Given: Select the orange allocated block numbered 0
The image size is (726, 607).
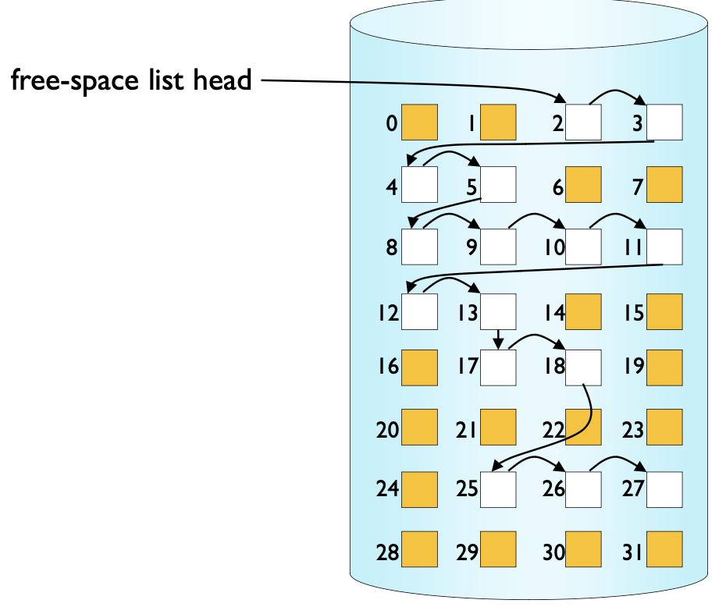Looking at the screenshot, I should point(419,122).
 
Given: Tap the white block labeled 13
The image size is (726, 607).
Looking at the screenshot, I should point(498,311).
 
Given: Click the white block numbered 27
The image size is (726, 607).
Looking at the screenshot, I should point(664,489).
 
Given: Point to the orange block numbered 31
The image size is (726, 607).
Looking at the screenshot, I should point(664,549).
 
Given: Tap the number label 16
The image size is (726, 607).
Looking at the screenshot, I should point(387,366).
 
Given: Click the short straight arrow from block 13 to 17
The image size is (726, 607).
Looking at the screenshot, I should point(498,339).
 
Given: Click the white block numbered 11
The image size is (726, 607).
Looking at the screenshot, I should point(664,247).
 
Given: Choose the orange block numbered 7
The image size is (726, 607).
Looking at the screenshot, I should point(664,184).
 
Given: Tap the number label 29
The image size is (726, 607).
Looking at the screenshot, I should point(467,552).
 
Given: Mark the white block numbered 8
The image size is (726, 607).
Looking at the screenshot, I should point(419,247).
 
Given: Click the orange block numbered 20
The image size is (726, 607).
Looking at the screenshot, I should point(419,428).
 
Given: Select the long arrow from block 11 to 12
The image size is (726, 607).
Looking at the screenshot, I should point(539,270).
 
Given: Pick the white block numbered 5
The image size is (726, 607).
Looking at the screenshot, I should point(498,184).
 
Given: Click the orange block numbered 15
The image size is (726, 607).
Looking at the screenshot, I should point(664,311).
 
